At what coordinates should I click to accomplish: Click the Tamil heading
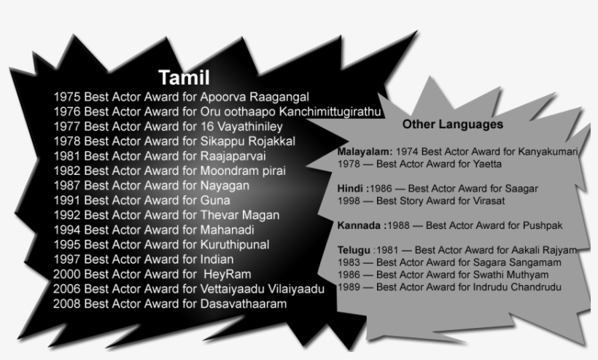184,78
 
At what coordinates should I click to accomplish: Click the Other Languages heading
452,125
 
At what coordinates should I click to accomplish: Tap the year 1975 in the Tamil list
66,96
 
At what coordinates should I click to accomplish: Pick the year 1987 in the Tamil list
66,186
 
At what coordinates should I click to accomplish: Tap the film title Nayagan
225,186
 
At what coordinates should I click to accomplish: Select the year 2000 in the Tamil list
66,274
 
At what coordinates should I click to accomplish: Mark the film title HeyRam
229,274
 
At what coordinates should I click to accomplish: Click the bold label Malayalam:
365,152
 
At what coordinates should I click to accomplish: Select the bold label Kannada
360,224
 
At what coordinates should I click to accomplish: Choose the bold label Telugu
354,250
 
